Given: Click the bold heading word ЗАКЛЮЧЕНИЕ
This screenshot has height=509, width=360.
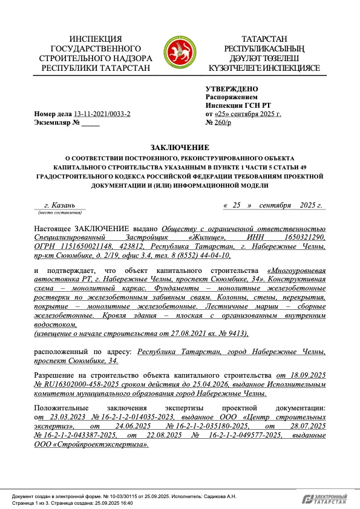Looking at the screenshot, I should pyautogui.click(x=180, y=147).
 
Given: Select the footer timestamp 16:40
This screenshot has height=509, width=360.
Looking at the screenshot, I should pyautogui.click(x=125, y=502).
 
